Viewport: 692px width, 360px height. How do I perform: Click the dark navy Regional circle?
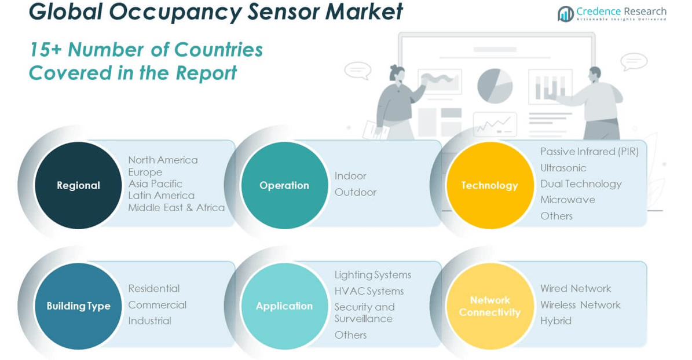tap(78, 185)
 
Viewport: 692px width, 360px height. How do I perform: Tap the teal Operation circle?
tap(284, 185)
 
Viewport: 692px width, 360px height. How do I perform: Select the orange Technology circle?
tap(489, 185)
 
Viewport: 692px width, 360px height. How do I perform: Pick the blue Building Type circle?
tap(78, 306)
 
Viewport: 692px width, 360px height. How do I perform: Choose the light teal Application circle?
tap(284, 306)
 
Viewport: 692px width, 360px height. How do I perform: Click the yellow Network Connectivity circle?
tap(489, 306)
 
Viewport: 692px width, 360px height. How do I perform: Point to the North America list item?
tap(163, 160)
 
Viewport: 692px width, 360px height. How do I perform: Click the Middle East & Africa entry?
tap(176, 207)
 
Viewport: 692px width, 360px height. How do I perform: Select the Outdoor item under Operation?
tap(355, 192)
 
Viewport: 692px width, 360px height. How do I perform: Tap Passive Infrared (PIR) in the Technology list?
tap(589, 152)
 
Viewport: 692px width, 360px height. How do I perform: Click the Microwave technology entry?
tap(567, 200)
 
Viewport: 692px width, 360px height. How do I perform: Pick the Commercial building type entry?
tap(157, 304)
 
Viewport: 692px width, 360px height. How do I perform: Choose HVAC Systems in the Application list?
tap(369, 291)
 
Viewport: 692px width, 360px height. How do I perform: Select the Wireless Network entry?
tap(580, 304)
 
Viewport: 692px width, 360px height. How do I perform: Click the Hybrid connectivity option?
tap(555, 321)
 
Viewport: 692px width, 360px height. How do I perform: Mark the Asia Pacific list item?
tap(155, 183)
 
